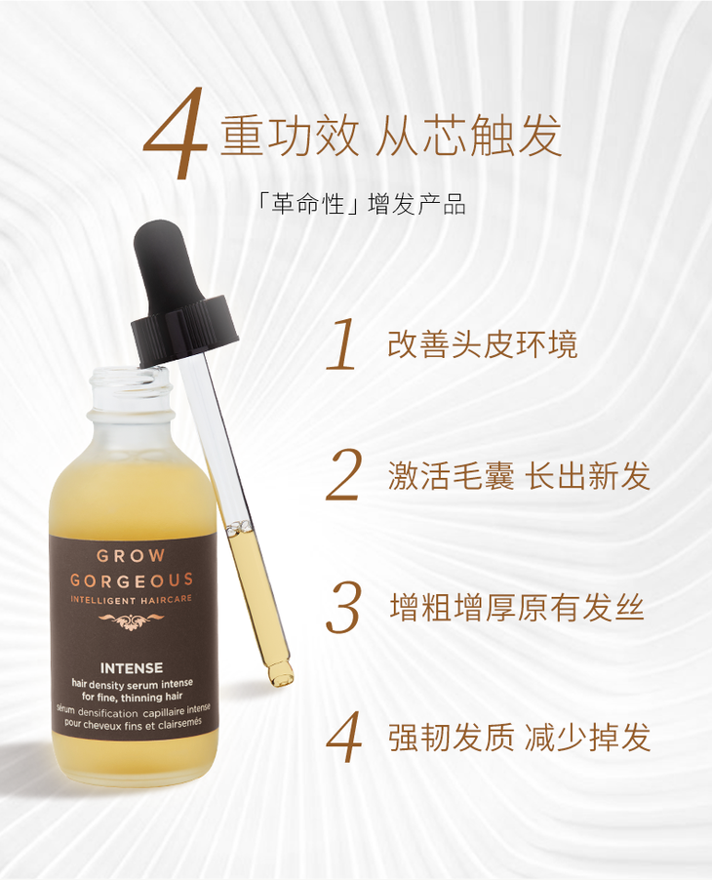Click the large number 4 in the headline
click(177, 134)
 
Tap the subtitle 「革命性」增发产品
click(360, 204)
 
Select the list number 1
click(342, 344)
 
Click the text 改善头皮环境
click(483, 344)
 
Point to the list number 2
click(343, 475)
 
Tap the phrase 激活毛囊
click(451, 476)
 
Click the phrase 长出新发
click(587, 476)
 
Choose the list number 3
click(343, 608)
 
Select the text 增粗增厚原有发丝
click(517, 607)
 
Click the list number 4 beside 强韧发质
click(343, 737)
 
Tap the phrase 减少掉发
click(587, 737)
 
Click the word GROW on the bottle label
click(131, 556)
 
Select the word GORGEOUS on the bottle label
click(132, 580)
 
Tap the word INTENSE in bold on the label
click(132, 668)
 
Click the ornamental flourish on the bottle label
click(131, 620)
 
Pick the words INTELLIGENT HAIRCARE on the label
click(132, 600)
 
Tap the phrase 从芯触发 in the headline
click(468, 136)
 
